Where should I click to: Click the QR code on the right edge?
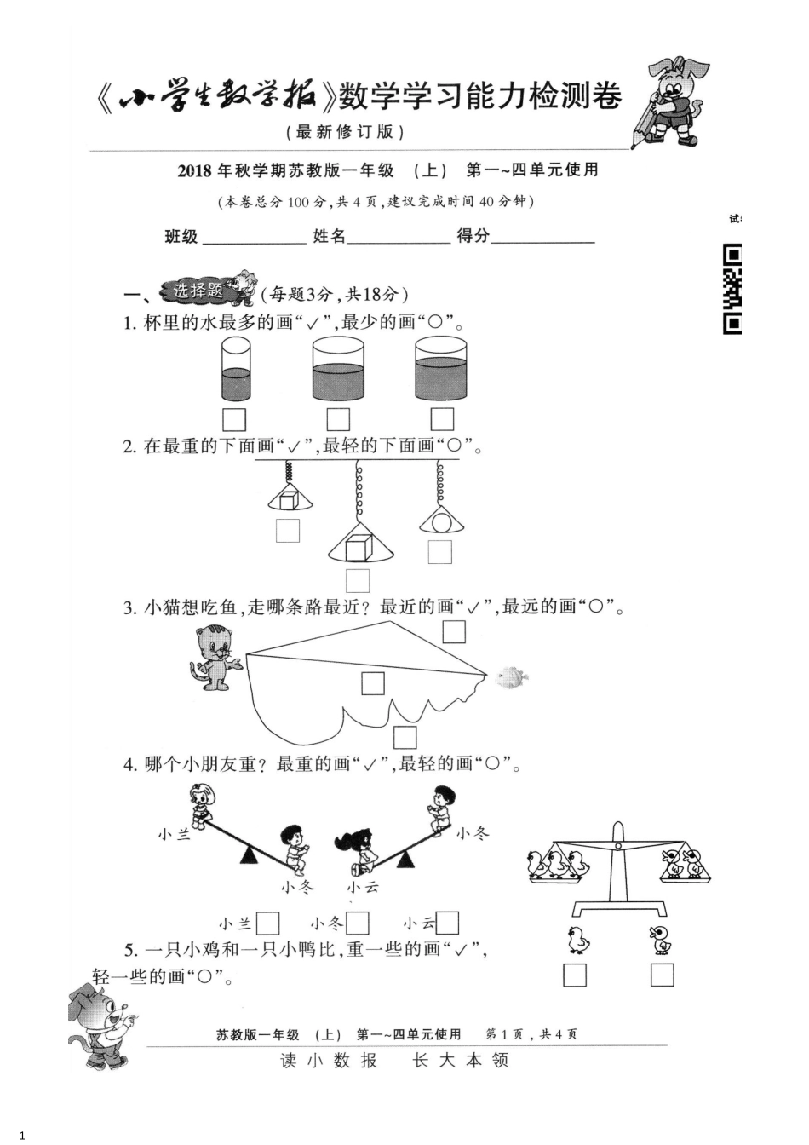coord(732,290)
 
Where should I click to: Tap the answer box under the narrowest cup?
coord(234,419)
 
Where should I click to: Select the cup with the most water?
coord(441,370)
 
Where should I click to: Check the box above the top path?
coord(454,631)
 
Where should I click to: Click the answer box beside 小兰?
coord(268,923)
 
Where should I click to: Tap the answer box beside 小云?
coord(447,923)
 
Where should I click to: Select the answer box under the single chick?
coord(576,975)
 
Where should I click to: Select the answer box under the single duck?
coord(663,975)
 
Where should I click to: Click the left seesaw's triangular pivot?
coord(249,855)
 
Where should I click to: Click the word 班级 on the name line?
coord(181,237)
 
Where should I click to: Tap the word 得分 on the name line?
coord(473,236)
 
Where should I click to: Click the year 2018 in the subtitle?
coord(196,170)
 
